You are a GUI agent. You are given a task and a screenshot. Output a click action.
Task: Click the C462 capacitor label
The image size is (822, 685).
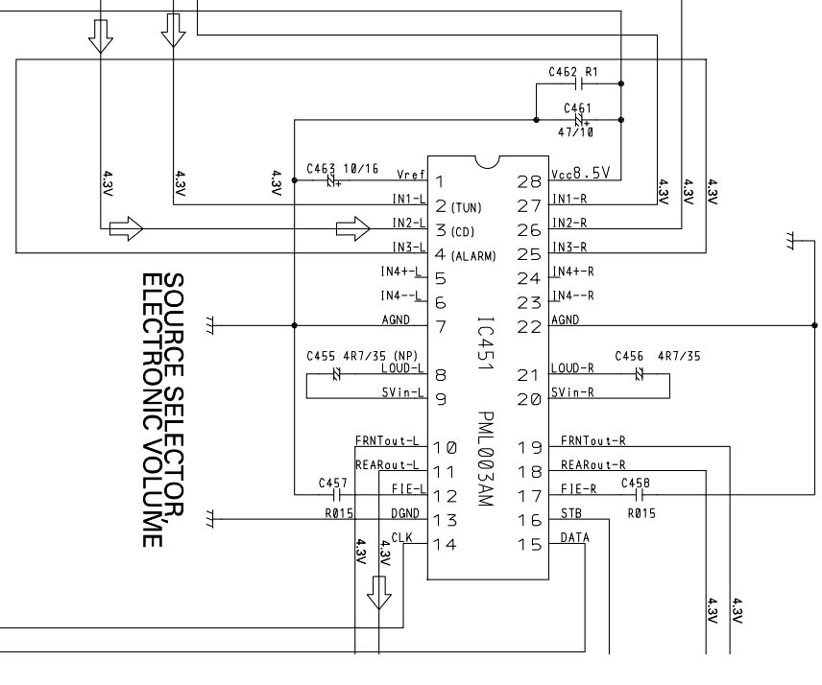point(563,72)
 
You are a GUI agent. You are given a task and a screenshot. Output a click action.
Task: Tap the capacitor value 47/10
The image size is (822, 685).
point(575,132)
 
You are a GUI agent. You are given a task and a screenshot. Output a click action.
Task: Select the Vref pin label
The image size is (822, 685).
point(411,175)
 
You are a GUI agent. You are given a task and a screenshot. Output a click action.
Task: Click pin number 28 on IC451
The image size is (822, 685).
point(529,181)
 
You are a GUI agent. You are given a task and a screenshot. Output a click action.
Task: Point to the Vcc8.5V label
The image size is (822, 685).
point(581,174)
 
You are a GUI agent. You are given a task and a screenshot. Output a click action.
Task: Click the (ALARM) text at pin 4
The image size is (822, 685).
point(472,256)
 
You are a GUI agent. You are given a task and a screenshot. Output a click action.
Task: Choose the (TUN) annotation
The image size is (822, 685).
point(466,208)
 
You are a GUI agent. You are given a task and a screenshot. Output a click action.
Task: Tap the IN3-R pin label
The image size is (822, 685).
point(569,247)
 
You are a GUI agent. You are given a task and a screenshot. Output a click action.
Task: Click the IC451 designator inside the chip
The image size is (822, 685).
point(486,343)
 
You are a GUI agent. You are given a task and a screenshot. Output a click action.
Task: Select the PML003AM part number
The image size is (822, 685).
point(486,459)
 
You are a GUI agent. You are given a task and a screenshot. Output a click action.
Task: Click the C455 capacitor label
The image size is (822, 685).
point(321,356)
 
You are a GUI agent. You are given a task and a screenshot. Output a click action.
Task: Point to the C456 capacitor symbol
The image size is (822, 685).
point(639,374)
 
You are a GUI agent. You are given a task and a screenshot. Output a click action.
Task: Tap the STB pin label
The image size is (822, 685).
point(571,513)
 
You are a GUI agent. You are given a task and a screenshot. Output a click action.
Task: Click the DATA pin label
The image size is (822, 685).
point(574,537)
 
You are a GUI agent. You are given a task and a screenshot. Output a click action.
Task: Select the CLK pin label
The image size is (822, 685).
point(402,537)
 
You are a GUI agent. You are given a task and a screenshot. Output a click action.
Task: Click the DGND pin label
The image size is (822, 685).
point(405,513)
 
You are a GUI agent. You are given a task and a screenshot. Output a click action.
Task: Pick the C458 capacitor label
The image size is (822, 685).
point(635,483)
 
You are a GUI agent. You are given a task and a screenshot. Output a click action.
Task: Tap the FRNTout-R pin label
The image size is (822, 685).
point(592,441)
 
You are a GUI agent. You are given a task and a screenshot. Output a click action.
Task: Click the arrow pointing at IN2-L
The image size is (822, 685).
point(352,228)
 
